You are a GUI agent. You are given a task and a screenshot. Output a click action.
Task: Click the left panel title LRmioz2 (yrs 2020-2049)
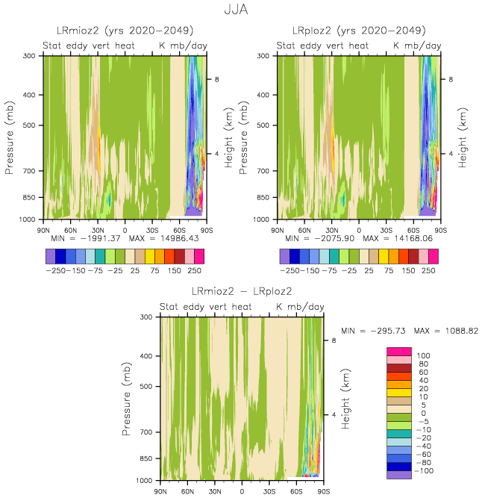point(125,31)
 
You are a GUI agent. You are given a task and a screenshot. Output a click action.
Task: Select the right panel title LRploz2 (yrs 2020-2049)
point(359,31)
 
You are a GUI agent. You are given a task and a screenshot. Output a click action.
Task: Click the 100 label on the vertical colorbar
point(424,356)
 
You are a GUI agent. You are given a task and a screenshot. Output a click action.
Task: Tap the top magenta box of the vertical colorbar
point(398,352)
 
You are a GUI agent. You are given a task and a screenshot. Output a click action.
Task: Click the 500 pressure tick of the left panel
point(30,125)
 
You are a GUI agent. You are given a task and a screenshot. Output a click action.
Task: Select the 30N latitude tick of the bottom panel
point(214,491)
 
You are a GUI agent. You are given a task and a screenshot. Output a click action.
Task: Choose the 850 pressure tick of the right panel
point(264,198)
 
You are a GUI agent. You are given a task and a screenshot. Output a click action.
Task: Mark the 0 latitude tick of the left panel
point(125,229)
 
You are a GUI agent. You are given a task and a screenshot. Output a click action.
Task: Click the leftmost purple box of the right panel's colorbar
point(284,255)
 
